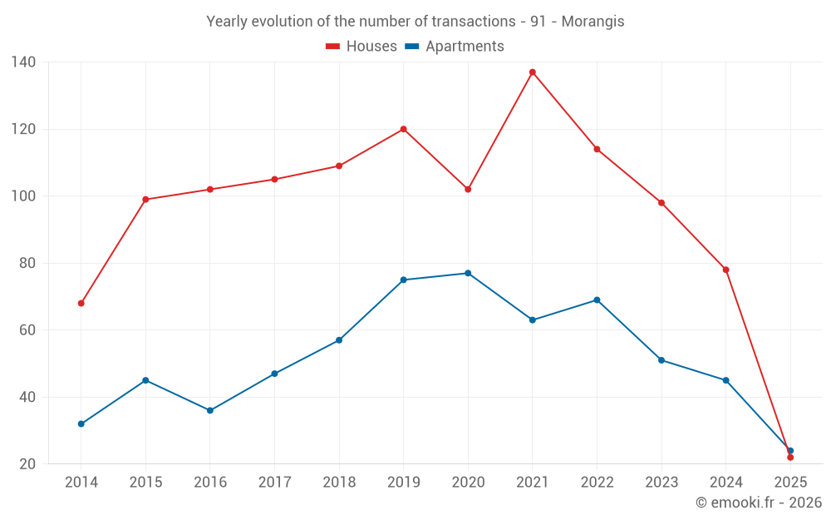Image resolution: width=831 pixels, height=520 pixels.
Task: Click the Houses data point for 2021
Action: click(533, 72)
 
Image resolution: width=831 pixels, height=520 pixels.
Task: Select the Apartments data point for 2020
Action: click(468, 273)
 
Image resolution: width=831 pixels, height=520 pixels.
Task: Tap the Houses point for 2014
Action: click(81, 303)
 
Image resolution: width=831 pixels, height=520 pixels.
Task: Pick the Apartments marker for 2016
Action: click(210, 410)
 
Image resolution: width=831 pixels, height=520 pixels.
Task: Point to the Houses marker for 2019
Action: click(403, 129)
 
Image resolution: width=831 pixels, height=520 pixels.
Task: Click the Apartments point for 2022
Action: click(597, 300)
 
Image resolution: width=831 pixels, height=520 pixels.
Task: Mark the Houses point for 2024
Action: click(725, 270)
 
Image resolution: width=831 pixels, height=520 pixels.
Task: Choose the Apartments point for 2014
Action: click(81, 423)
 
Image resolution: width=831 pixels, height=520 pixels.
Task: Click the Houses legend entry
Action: click(361, 47)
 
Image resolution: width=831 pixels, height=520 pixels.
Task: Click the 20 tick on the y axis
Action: click(27, 463)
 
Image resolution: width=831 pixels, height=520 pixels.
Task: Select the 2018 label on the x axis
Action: click(339, 482)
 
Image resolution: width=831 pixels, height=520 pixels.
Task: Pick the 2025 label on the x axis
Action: click(790, 482)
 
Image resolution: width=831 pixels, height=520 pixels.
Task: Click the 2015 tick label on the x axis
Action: click(145, 482)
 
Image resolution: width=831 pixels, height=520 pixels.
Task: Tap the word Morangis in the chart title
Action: click(593, 22)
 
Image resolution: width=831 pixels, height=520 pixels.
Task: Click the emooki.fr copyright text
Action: click(759, 503)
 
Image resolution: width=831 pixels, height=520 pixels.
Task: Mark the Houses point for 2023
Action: click(661, 202)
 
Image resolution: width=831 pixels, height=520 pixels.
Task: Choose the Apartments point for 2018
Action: click(339, 339)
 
